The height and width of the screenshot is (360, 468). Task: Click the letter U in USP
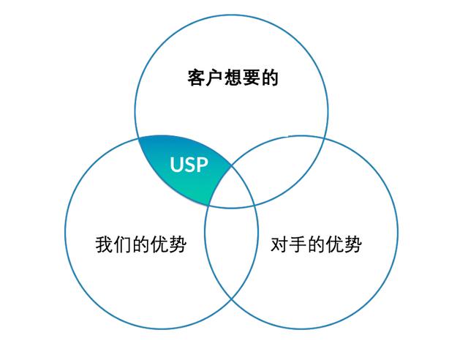pyautogui.click(x=176, y=165)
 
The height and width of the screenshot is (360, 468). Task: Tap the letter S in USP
pyautogui.click(x=189, y=165)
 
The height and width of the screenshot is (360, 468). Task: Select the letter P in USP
pyautogui.click(x=202, y=165)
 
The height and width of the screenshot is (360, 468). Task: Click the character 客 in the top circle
pyautogui.click(x=196, y=78)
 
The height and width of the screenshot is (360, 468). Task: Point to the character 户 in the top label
pyautogui.click(x=214, y=78)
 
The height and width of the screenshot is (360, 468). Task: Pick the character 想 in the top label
pyautogui.click(x=233, y=78)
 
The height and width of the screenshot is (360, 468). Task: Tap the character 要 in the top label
pyautogui.click(x=252, y=78)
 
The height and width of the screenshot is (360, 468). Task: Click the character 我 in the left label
pyautogui.click(x=105, y=244)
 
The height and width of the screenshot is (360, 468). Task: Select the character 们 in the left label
pyautogui.click(x=123, y=244)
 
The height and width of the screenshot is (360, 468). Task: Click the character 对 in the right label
pyautogui.click(x=279, y=244)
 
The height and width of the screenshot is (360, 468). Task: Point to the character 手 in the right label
pyautogui.click(x=298, y=244)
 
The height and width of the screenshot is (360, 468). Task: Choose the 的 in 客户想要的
pyautogui.click(x=270, y=78)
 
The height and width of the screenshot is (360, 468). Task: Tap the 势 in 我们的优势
pyautogui.click(x=178, y=244)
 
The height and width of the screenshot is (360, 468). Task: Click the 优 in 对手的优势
pyautogui.click(x=335, y=244)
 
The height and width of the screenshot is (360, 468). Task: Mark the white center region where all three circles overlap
pyautogui.click(x=232, y=187)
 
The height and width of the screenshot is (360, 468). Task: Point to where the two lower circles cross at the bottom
pyautogui.click(x=232, y=299)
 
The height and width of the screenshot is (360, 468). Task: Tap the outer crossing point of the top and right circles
pyautogui.click(x=325, y=138)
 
